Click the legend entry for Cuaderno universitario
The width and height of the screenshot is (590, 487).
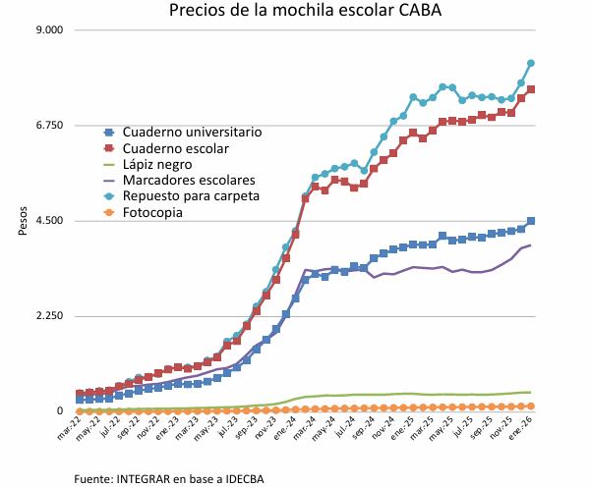click(191, 132)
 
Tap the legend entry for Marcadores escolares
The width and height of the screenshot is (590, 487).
click(188, 181)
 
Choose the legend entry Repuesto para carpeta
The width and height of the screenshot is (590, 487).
click(191, 196)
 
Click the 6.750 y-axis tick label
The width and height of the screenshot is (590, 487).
click(49, 126)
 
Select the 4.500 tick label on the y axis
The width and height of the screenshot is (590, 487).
click(49, 221)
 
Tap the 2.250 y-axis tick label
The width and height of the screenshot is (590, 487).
click(49, 316)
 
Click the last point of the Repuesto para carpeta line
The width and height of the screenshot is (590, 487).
click(531, 63)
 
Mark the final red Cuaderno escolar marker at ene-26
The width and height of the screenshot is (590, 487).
click(531, 89)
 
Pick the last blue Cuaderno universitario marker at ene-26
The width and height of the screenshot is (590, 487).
click(531, 221)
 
